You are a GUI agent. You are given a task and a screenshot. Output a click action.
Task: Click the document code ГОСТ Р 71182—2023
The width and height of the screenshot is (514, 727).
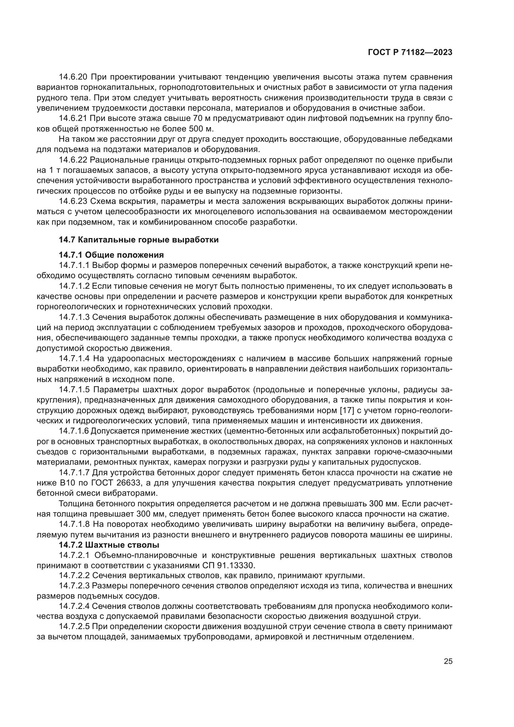pos(410,52)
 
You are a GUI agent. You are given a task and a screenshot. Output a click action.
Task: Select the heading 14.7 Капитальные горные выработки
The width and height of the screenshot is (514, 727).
pos(139,240)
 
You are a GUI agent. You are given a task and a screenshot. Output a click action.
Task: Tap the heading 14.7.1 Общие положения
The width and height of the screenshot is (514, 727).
pos(112,255)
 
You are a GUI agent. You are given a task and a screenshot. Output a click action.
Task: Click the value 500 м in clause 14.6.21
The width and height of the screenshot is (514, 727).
pos(201,129)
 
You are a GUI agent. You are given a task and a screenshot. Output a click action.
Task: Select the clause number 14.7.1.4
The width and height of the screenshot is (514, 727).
pos(75,359)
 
